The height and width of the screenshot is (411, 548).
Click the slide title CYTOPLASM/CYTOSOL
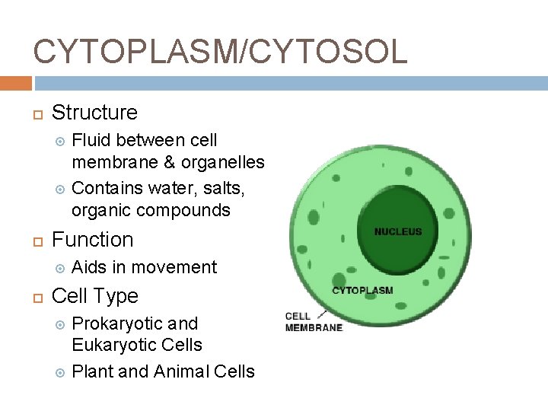[221, 51]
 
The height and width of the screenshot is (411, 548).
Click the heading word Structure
[94, 113]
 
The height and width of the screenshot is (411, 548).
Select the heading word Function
[92, 240]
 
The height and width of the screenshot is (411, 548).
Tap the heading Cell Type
[94, 296]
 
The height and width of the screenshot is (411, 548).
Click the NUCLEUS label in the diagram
[397, 232]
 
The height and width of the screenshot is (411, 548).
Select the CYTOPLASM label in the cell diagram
[362, 290]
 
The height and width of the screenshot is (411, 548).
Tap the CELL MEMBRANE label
[313, 322]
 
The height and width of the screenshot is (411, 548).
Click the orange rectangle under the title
[16, 83]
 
